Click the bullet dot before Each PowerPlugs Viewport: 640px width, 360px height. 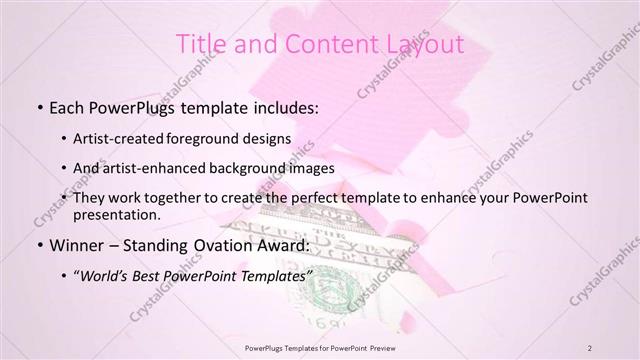click(39, 107)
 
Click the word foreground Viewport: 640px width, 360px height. click(214, 138)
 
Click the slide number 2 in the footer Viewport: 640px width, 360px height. click(590, 348)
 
